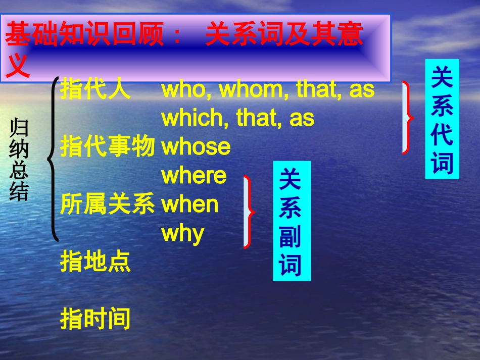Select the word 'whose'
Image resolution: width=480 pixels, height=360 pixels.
(196, 147)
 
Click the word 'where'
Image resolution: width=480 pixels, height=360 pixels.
(194, 176)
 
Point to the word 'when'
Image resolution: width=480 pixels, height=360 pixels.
(189, 204)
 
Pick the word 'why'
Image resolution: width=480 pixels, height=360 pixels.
(182, 234)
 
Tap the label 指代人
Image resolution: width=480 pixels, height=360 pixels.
(95, 90)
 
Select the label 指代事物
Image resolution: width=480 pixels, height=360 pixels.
(107, 147)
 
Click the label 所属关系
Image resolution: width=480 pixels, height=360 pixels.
(107, 204)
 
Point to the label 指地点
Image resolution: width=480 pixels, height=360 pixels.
(95, 262)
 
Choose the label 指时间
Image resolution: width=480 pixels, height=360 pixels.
(95, 320)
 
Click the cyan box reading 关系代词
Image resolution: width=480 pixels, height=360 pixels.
(442, 119)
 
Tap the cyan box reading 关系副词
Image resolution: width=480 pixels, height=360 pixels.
(292, 221)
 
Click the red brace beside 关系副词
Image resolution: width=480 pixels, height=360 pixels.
(249, 212)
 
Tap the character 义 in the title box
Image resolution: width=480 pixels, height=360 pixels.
(18, 67)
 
